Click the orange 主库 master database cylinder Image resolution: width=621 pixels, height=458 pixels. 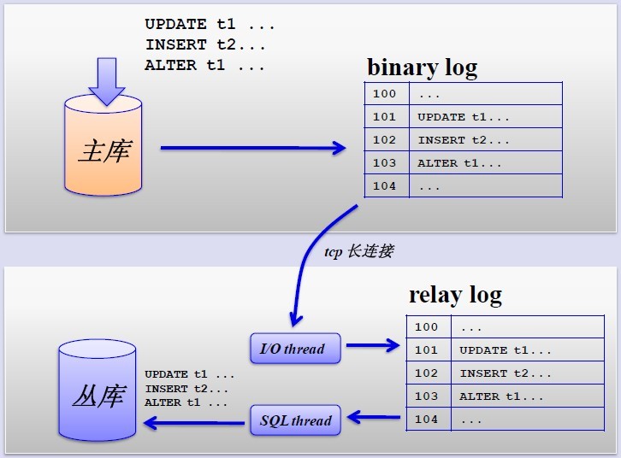(103, 150)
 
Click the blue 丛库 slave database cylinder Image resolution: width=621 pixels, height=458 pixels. (98, 393)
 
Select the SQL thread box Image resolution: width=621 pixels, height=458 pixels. (294, 420)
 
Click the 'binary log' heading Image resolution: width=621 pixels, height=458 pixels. (422, 67)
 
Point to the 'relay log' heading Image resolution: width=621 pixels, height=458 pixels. (455, 296)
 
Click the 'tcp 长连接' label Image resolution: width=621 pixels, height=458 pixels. (359, 252)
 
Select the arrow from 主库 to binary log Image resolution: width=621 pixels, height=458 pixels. (252, 149)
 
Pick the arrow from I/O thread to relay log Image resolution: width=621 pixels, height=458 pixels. (372, 346)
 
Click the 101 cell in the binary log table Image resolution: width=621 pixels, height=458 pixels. (385, 117)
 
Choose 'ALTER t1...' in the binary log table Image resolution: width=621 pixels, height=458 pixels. (459, 163)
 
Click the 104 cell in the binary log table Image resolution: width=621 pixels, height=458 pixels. (385, 186)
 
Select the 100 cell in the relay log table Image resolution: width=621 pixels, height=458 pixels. (426, 326)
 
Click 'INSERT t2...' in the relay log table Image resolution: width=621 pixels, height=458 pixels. (506, 373)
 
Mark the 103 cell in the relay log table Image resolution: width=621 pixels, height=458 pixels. (426, 396)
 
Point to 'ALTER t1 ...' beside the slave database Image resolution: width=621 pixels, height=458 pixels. (186, 402)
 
